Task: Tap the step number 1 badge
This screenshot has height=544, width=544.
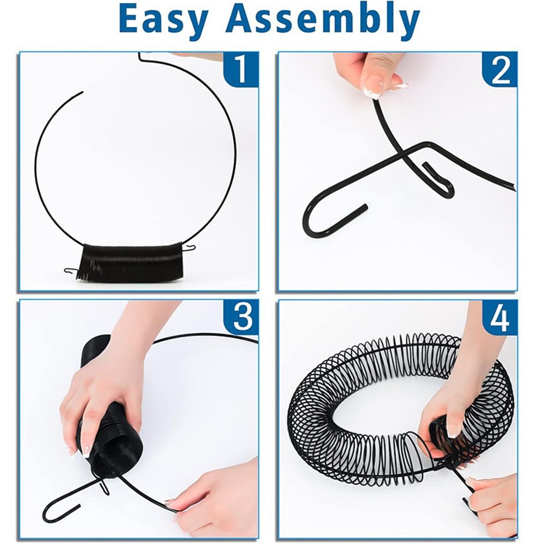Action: (241, 70)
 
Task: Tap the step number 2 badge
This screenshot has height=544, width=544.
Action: (499, 70)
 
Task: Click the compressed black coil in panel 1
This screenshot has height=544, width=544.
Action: (132, 263)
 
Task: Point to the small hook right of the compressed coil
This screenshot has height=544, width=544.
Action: (189, 247)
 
